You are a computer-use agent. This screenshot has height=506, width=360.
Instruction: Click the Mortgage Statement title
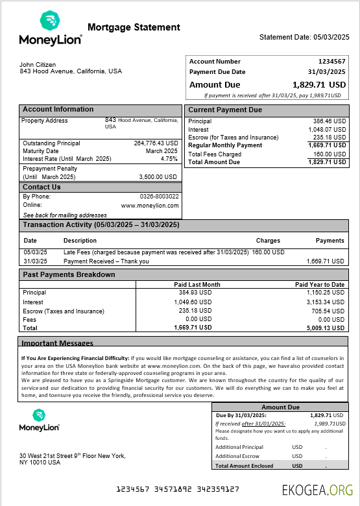tap(134, 27)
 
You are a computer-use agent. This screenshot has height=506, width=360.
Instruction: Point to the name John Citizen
tap(38, 64)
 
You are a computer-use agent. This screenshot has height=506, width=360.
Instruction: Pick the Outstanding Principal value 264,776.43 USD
tap(156, 143)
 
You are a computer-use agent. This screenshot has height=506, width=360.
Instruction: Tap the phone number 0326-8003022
tap(159, 196)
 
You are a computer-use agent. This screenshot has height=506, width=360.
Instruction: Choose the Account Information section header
tap(58, 110)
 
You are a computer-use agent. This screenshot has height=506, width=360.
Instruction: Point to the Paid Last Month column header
tap(197, 285)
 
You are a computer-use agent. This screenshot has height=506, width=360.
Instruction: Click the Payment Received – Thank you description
tap(106, 261)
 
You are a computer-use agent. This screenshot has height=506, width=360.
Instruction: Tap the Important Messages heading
tap(57, 343)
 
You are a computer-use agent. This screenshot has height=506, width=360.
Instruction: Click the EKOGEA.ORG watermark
tap(318, 490)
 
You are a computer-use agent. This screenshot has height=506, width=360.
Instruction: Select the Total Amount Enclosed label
tap(244, 466)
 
